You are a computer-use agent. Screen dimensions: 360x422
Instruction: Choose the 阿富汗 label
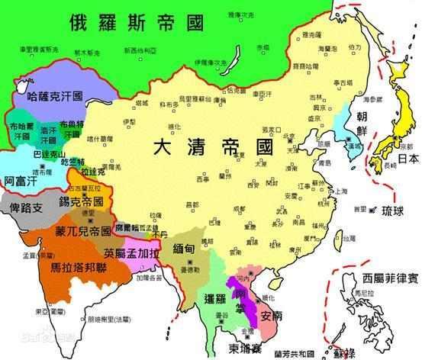pyautogui.click(x=18, y=182)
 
